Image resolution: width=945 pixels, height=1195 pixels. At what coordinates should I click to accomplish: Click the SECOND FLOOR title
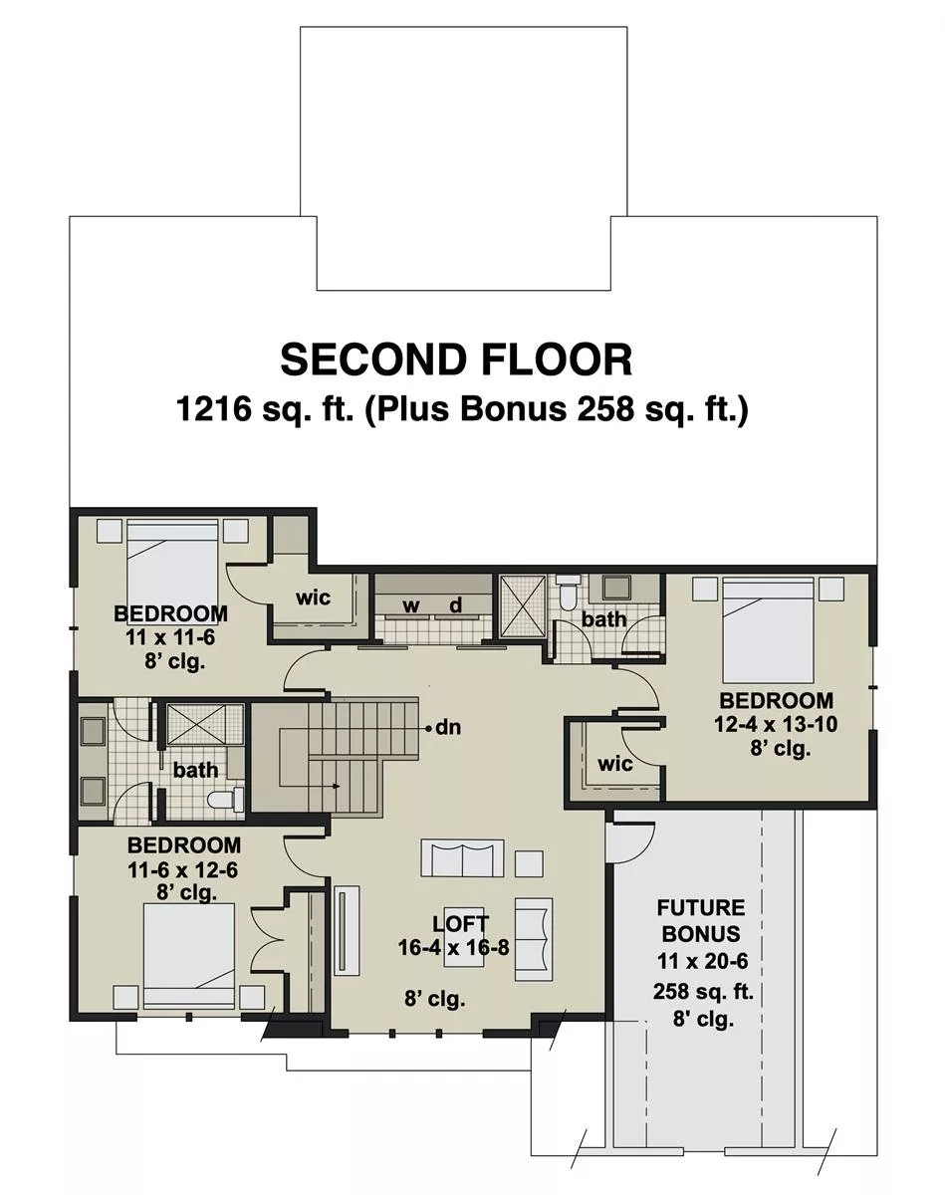coord(456,359)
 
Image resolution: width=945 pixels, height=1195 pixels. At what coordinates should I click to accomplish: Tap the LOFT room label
coord(461,923)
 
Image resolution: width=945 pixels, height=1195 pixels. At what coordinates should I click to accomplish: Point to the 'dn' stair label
coord(448,727)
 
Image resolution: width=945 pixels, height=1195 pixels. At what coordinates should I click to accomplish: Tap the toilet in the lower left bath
coord(224,800)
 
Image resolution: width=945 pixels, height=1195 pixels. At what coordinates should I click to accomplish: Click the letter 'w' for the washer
coord(411,605)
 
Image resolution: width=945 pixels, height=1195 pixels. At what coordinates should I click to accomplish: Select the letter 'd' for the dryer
coord(456,604)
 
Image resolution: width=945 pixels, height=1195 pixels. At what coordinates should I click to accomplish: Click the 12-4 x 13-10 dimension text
coord(776,724)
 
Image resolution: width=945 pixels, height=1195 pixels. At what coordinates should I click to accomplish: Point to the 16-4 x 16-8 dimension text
coord(454,947)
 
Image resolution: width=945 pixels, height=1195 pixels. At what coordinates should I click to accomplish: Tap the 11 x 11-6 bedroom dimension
coord(170,637)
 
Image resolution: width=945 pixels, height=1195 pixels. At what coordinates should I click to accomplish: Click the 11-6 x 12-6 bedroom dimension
coord(182,869)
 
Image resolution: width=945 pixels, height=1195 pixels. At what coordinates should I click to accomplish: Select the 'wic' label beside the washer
coord(313,598)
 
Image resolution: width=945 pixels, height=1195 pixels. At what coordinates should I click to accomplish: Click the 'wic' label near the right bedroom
coord(615,764)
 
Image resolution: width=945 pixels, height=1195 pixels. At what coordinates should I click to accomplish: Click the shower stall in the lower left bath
coord(205,724)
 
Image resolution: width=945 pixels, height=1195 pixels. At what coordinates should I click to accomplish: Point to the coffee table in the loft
coord(463,947)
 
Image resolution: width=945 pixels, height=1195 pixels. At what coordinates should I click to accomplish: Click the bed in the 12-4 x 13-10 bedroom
coord(768,629)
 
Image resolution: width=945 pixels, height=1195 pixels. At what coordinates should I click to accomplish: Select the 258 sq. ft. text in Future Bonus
coord(703,991)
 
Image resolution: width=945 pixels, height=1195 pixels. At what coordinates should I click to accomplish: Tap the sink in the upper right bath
coord(615,587)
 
